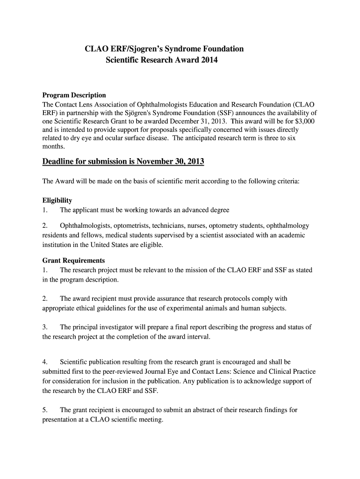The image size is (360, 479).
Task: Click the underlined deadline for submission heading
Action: tap(123, 162)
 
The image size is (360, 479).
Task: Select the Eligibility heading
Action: tap(57, 200)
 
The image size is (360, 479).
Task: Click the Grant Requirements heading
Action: tap(74, 260)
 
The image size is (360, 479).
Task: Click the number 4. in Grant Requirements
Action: tap(45, 362)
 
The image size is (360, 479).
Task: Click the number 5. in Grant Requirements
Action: tap(45, 410)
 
